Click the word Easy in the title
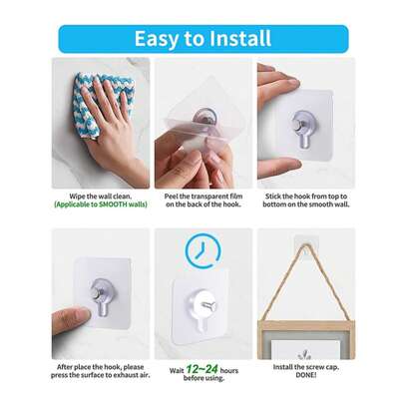pyautogui.click(x=156, y=39)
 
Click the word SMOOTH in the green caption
pyautogui.click(x=113, y=204)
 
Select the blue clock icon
pyautogui.click(x=202, y=250)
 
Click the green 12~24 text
pyautogui.click(x=202, y=369)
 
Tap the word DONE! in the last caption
pyautogui.click(x=306, y=375)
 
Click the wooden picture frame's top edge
pyautogui.click(x=306, y=324)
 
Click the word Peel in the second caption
pyautogui.click(x=172, y=197)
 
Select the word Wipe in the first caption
pyautogui.click(x=77, y=197)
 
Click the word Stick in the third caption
pyautogui.click(x=273, y=197)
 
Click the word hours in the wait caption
pyautogui.click(x=229, y=370)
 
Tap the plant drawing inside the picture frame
pyautogui.click(x=304, y=354)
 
